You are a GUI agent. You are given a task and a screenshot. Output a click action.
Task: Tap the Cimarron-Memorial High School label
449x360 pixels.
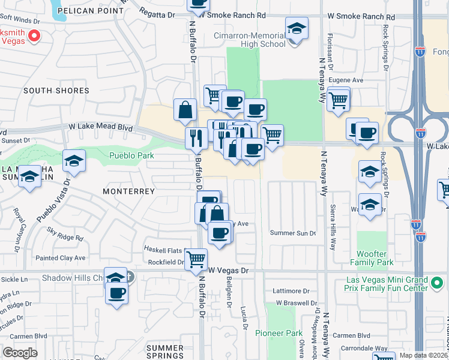pyautogui.click(x=250, y=40)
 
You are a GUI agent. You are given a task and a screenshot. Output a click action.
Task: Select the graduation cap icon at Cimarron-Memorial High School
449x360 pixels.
pyautogui.click(x=296, y=29)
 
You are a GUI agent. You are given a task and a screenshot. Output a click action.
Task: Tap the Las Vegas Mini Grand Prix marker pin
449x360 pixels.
pyautogui.click(x=439, y=280)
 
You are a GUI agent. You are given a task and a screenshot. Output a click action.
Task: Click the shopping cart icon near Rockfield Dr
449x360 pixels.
pyautogui.click(x=196, y=259)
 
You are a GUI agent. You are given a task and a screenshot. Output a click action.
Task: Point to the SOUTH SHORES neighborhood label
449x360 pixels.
pyautogui.click(x=56, y=91)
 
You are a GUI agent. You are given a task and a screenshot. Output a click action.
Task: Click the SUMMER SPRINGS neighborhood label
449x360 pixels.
pyautogui.click(x=165, y=352)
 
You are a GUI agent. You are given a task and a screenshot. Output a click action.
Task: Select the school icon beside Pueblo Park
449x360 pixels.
pyautogui.click(x=74, y=161)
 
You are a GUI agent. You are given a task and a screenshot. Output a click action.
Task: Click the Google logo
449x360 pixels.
pyautogui.click(x=20, y=353)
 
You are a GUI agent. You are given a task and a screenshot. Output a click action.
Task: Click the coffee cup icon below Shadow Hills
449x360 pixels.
pyautogui.click(x=117, y=294)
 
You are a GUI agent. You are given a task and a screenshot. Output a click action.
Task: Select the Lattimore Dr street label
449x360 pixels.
pyautogui.click(x=289, y=291)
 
